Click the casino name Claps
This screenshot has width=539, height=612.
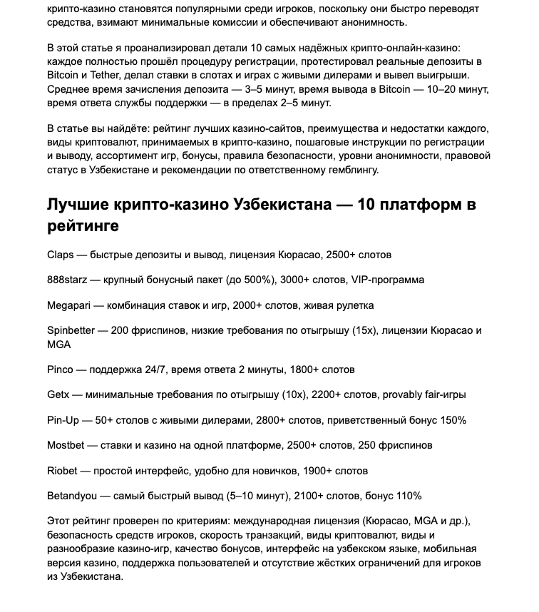pos(61,255)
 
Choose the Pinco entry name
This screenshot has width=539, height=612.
pos(60,369)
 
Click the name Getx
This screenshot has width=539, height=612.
pos(58,394)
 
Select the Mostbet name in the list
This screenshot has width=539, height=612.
pos(66,445)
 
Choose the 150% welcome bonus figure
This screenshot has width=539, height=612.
pos(453,420)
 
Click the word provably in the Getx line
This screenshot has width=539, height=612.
pos(405,394)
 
